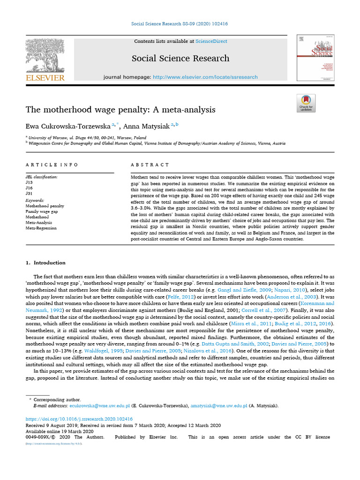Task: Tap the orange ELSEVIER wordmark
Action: (45, 77)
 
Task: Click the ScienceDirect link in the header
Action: (211, 41)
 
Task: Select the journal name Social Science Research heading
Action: (180, 58)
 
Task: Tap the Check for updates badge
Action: (306, 103)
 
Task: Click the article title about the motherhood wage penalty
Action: (120, 110)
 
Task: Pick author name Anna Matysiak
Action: (147, 126)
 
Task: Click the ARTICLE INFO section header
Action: (52, 165)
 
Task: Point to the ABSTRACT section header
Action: (150, 165)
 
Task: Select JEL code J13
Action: (29, 182)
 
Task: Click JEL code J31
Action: (29, 193)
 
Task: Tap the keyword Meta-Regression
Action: (41, 228)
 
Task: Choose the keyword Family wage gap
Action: (42, 211)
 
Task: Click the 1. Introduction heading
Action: (45, 262)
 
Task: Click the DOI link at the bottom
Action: (79, 419)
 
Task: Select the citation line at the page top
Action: (180, 24)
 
